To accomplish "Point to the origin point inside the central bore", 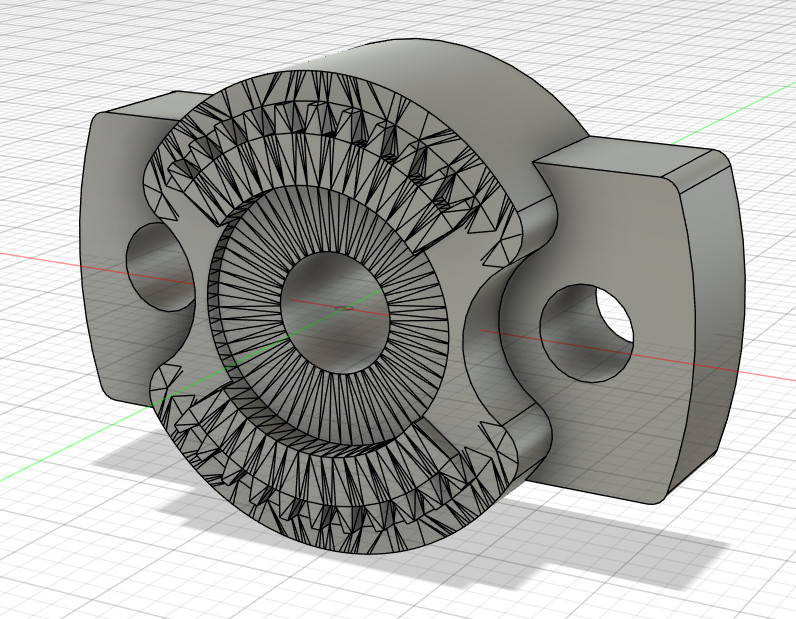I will tap(344, 307).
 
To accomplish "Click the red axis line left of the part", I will tap(50, 258).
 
